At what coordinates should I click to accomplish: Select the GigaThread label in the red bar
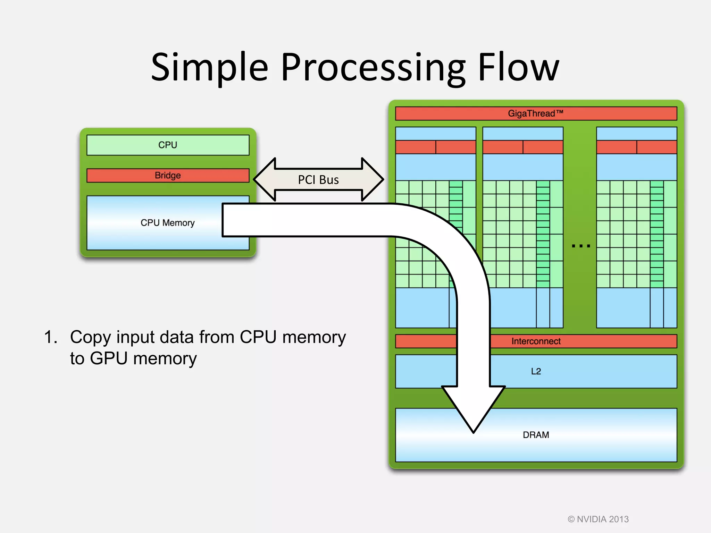[x=535, y=113]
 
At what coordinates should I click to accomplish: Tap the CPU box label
[x=168, y=145]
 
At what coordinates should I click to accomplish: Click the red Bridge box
[x=168, y=175]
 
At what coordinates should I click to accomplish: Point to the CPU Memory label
[x=167, y=223]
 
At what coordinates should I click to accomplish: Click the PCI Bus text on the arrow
[x=318, y=180]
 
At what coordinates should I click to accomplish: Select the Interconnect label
[x=536, y=341]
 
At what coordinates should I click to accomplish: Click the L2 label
[x=536, y=371]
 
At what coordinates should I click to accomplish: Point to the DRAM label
[x=536, y=435]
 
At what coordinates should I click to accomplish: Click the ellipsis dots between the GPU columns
[x=581, y=246]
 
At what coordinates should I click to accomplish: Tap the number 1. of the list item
[x=51, y=337]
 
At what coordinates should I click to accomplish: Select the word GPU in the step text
[x=109, y=358]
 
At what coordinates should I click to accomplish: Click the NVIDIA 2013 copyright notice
[x=598, y=519]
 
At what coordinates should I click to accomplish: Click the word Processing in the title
[x=373, y=68]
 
